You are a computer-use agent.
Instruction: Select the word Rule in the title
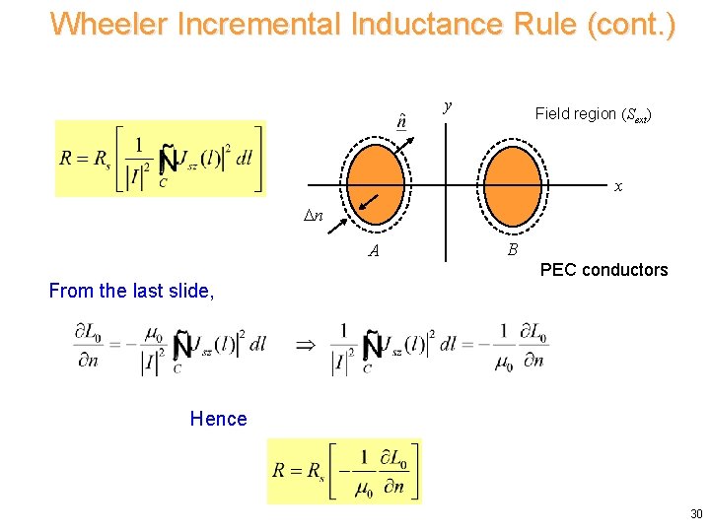[x=541, y=24]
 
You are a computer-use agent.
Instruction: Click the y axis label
[x=448, y=105]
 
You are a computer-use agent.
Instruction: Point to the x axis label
[x=618, y=186]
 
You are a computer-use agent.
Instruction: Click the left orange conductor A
[x=372, y=184]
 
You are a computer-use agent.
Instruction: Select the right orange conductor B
[x=512, y=184]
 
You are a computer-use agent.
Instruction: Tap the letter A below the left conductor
[x=374, y=251]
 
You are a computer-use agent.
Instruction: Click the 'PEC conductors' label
[x=604, y=270]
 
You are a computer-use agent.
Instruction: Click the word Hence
[x=219, y=419]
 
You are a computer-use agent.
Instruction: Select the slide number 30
[x=696, y=513]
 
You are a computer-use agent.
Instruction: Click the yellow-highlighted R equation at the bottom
[x=344, y=470]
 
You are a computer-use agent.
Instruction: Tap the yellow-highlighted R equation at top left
[x=161, y=159]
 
